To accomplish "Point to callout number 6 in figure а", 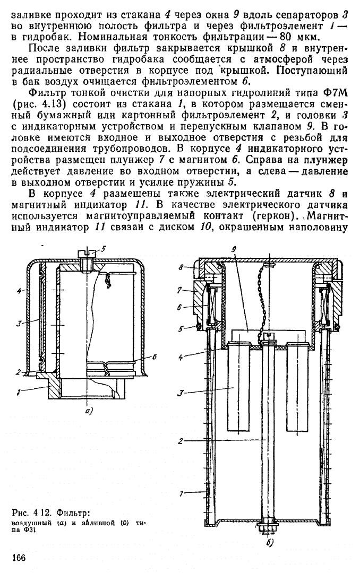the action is click(x=155, y=357).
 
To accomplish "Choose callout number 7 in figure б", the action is click(x=180, y=290).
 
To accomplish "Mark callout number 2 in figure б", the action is click(x=180, y=441).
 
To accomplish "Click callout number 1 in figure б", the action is click(x=181, y=494).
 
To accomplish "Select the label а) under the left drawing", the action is click(x=89, y=411).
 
